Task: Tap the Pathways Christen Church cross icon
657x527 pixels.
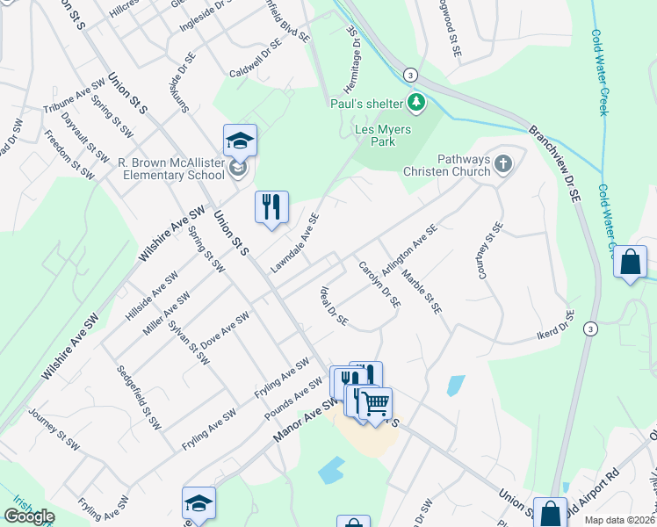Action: (503, 163)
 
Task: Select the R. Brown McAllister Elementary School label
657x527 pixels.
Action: (172, 169)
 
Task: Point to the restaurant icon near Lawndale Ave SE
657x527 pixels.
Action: (271, 207)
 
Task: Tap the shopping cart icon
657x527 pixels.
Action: (376, 403)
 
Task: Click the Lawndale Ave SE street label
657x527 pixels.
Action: (295, 242)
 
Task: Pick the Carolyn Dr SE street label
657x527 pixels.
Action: (379, 283)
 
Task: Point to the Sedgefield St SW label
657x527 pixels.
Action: (140, 396)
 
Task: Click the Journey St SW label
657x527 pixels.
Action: (54, 429)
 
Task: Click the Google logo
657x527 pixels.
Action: (28, 516)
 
